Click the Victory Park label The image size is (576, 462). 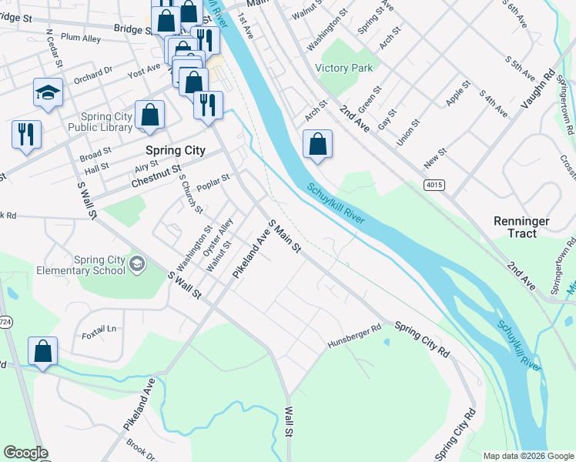[344, 68]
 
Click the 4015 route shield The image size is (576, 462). [434, 185]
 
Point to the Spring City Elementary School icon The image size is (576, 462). [137, 264]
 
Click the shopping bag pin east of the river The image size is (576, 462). [317, 143]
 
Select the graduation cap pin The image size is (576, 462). [48, 93]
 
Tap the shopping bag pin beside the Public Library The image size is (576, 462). [150, 115]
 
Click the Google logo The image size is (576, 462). [25, 453]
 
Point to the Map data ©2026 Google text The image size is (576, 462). [527, 456]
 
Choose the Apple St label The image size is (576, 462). [457, 93]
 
